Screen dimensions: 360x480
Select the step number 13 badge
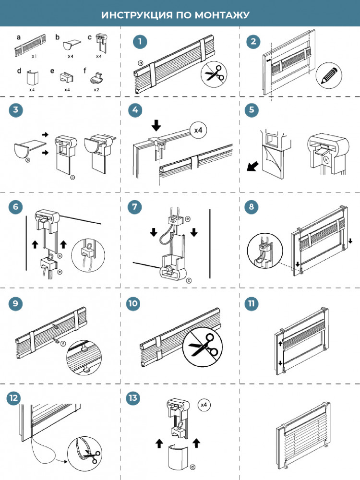click(x=133, y=398)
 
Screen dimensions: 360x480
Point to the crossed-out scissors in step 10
click(x=203, y=347)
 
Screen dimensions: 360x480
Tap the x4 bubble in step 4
click(x=198, y=130)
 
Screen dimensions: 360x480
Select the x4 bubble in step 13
click(x=204, y=405)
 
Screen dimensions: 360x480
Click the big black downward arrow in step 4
click(x=156, y=125)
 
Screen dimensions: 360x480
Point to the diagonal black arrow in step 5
click(x=252, y=167)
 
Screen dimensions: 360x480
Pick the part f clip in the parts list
click(x=96, y=77)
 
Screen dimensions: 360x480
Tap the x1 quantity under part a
click(x=34, y=56)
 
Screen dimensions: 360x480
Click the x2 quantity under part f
click(x=96, y=89)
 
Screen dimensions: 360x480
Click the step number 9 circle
click(x=16, y=303)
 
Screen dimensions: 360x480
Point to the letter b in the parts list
click(x=57, y=37)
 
